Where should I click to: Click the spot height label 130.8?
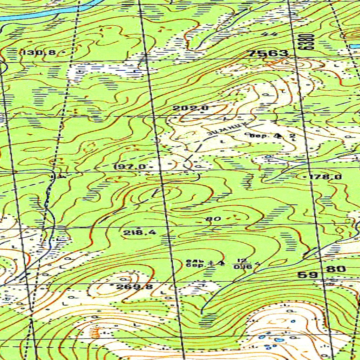pos(38,53)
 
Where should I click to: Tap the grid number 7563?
pos(268,53)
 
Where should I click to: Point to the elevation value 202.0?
pos(191,108)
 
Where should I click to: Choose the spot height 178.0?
pos(325,177)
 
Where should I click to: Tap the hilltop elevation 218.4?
pos(140,232)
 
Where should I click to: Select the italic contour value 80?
pos(213,219)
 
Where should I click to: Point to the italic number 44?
pos(269,34)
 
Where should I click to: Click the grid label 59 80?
pos(322,271)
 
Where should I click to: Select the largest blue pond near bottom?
pos(279,340)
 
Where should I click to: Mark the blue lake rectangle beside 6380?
pos(354,46)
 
